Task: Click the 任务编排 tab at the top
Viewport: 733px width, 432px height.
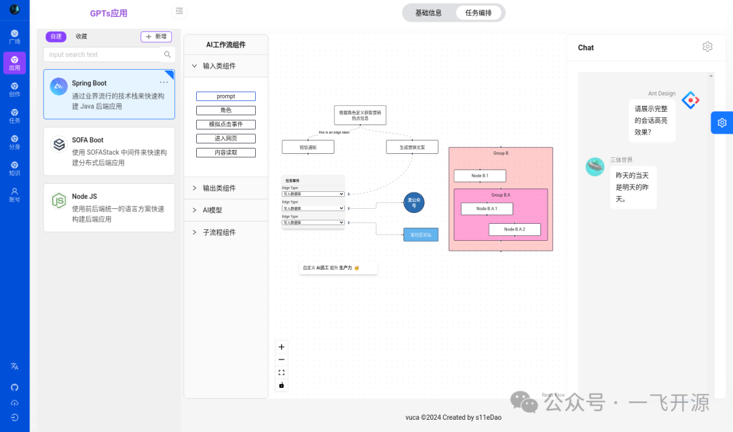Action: point(478,13)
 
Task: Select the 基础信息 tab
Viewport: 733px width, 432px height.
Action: point(428,13)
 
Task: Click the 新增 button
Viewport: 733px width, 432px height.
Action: point(156,37)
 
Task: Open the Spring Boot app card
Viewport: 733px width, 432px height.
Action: point(109,94)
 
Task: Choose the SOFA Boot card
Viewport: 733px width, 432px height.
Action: point(109,151)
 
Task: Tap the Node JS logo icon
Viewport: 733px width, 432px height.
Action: point(59,200)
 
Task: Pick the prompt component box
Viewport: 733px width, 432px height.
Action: point(226,96)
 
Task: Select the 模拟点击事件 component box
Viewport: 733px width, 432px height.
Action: point(226,124)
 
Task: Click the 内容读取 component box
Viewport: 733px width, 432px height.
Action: point(226,153)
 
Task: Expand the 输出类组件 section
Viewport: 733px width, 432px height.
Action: point(219,188)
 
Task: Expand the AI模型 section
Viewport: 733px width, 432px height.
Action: point(212,210)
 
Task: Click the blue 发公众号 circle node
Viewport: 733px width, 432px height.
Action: point(414,202)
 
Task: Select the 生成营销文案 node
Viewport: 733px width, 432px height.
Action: point(412,146)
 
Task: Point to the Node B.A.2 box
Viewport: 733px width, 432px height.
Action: point(514,229)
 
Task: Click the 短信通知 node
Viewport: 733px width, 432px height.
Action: point(307,146)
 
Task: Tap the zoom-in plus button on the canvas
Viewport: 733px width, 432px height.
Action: point(282,347)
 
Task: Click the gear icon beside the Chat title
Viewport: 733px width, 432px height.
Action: point(707,47)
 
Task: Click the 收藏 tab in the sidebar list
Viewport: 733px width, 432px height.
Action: point(81,37)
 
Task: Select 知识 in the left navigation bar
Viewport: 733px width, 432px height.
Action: point(14,168)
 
